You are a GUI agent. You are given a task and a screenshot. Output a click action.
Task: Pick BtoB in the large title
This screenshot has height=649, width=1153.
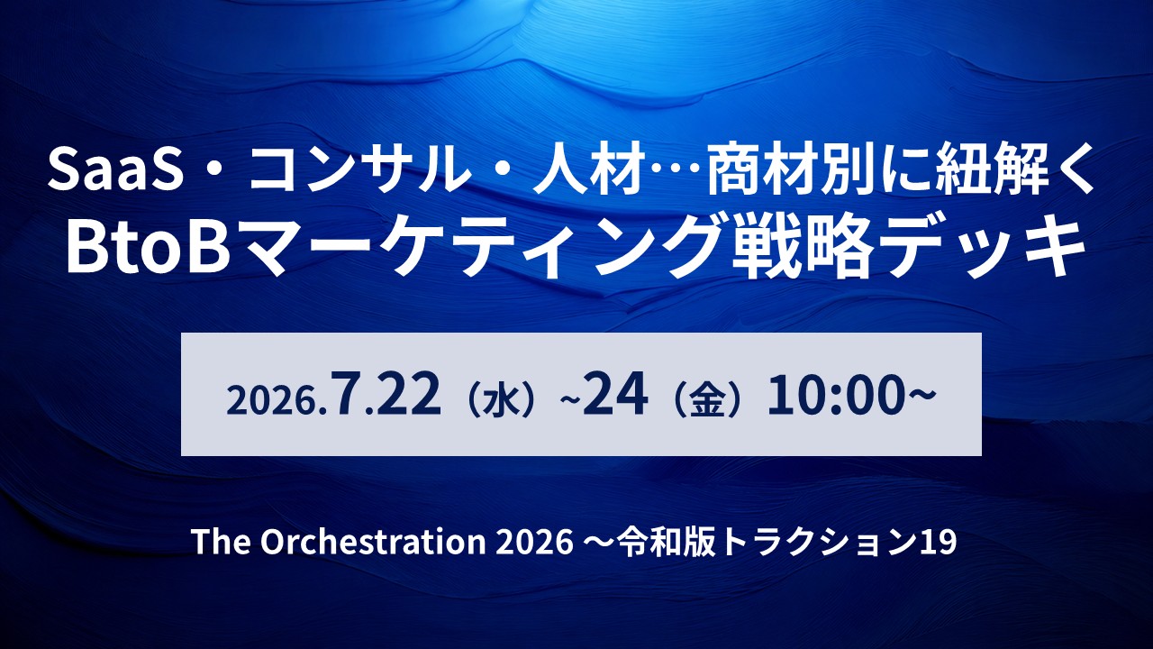148,246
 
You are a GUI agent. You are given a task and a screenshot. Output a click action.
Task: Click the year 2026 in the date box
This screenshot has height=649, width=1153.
272,401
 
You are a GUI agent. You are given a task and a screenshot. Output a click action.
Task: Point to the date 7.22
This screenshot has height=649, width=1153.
386,394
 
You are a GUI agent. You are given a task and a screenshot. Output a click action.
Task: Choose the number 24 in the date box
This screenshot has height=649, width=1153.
615,394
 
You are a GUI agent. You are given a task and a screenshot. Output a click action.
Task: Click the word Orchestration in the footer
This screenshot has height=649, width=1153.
373,542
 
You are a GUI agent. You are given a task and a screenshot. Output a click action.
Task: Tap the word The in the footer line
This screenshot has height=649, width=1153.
222,542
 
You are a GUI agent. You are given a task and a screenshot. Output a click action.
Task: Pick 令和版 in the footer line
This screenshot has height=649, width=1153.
667,542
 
